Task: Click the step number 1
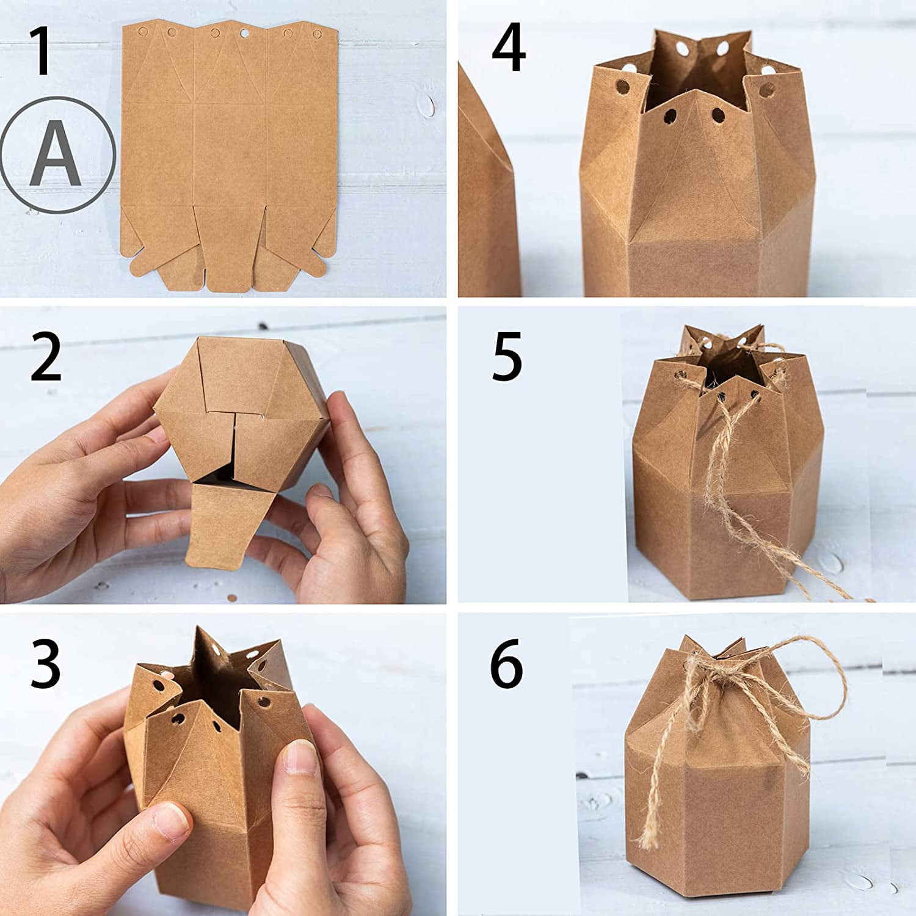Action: (41, 52)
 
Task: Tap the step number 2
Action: (46, 357)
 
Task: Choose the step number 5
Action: (507, 356)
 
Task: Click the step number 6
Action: (507, 663)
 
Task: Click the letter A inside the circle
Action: (56, 154)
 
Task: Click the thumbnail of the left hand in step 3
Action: (170, 818)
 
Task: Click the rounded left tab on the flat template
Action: (140, 267)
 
